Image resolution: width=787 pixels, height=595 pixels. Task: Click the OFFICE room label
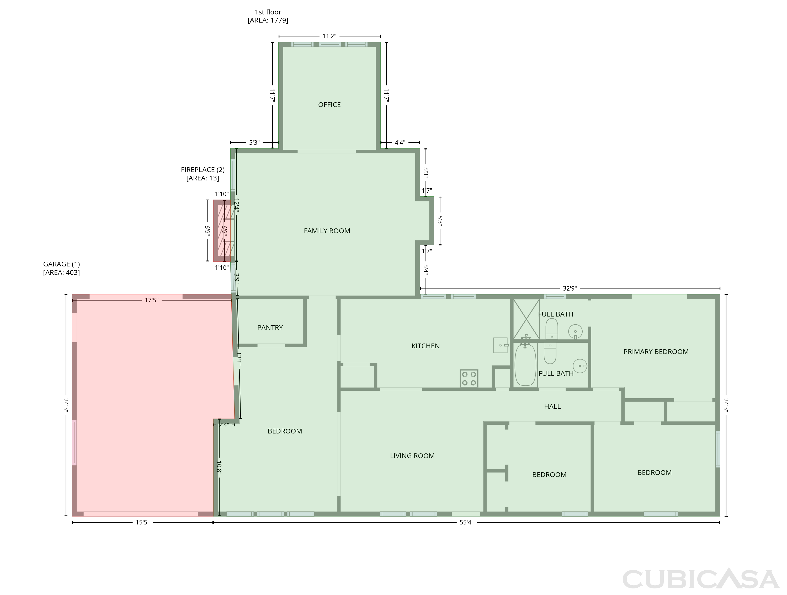pos(329,105)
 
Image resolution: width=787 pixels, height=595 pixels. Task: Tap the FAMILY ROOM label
pos(327,231)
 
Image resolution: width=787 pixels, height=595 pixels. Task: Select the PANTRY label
pos(270,328)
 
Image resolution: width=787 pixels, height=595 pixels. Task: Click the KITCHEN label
pos(426,346)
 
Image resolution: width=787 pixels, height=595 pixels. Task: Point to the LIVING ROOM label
pos(412,455)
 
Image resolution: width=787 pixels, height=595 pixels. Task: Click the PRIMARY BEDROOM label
pos(656,351)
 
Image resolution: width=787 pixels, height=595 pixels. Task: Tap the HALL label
pos(552,406)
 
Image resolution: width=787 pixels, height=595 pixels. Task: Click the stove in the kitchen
pos(469,378)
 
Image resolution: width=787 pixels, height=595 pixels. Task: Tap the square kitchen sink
pos(500,345)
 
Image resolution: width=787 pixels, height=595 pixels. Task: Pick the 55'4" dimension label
pos(466,522)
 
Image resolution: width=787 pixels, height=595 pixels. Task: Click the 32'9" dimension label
pos(569,288)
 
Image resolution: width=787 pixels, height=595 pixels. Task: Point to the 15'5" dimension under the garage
pos(142,522)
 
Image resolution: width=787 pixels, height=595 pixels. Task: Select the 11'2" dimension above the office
pos(329,36)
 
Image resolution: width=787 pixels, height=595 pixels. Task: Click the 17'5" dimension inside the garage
pos(151,300)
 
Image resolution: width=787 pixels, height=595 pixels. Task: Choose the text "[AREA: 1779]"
pos(268,20)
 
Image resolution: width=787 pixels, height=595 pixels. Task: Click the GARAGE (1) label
pos(62,264)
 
